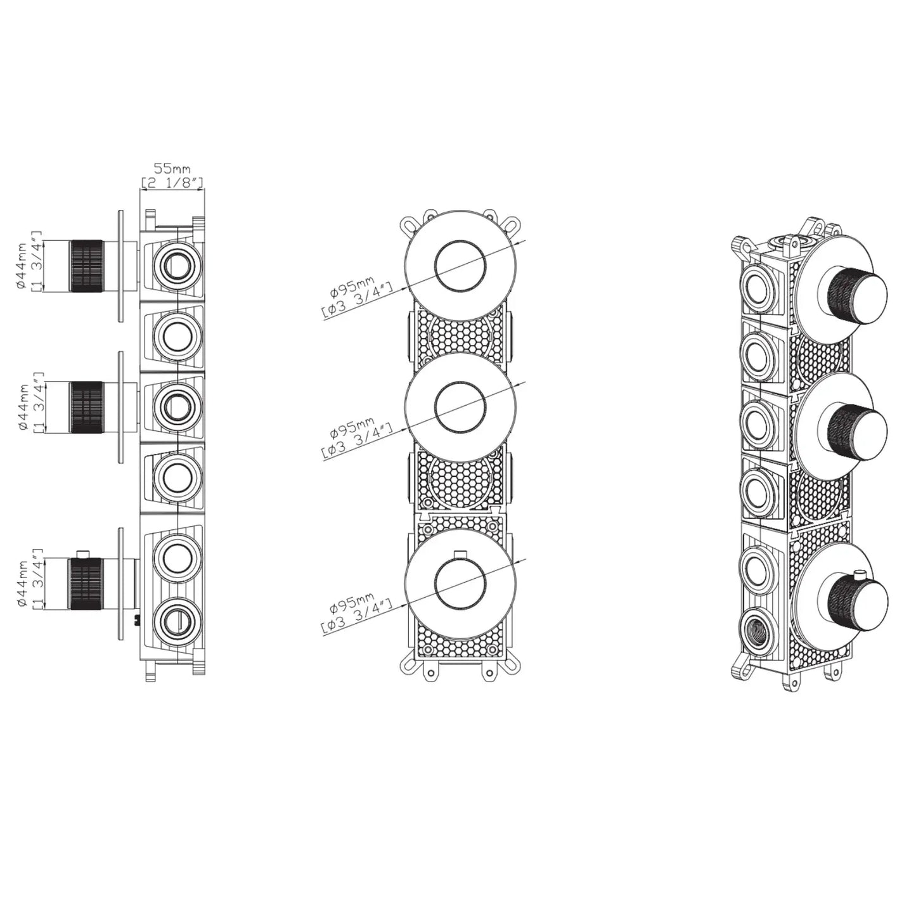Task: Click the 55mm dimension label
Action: [x=172, y=169]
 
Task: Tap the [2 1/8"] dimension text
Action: [x=172, y=183]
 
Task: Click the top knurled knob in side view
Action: [x=86, y=266]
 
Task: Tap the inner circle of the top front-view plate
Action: [x=461, y=266]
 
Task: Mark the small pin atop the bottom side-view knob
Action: [x=81, y=555]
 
